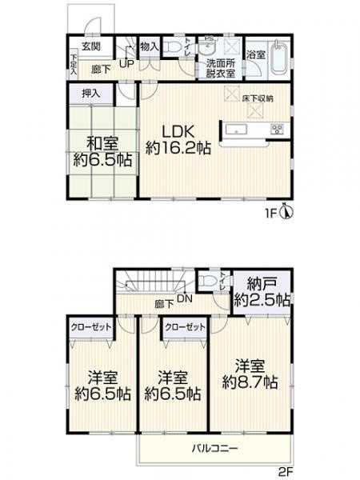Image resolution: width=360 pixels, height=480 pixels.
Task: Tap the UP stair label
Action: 126,63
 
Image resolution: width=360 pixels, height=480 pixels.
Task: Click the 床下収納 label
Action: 258,98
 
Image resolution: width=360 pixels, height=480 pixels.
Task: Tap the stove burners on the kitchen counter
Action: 277,129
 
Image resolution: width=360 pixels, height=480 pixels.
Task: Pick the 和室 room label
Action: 100,143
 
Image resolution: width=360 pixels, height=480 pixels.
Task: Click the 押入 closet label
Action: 91,94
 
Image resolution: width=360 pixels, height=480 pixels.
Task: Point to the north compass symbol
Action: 288,214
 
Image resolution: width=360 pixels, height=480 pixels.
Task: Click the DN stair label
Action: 183,298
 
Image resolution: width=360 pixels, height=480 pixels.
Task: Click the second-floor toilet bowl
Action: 209,282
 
